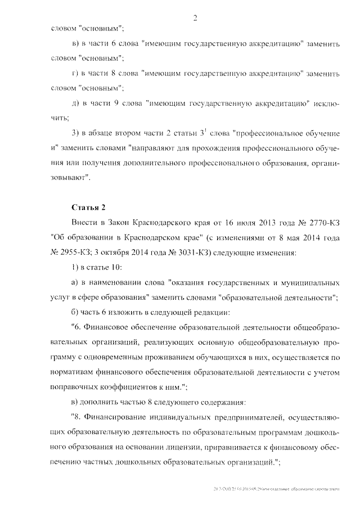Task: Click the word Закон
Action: pyautogui.click(x=117, y=223)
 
